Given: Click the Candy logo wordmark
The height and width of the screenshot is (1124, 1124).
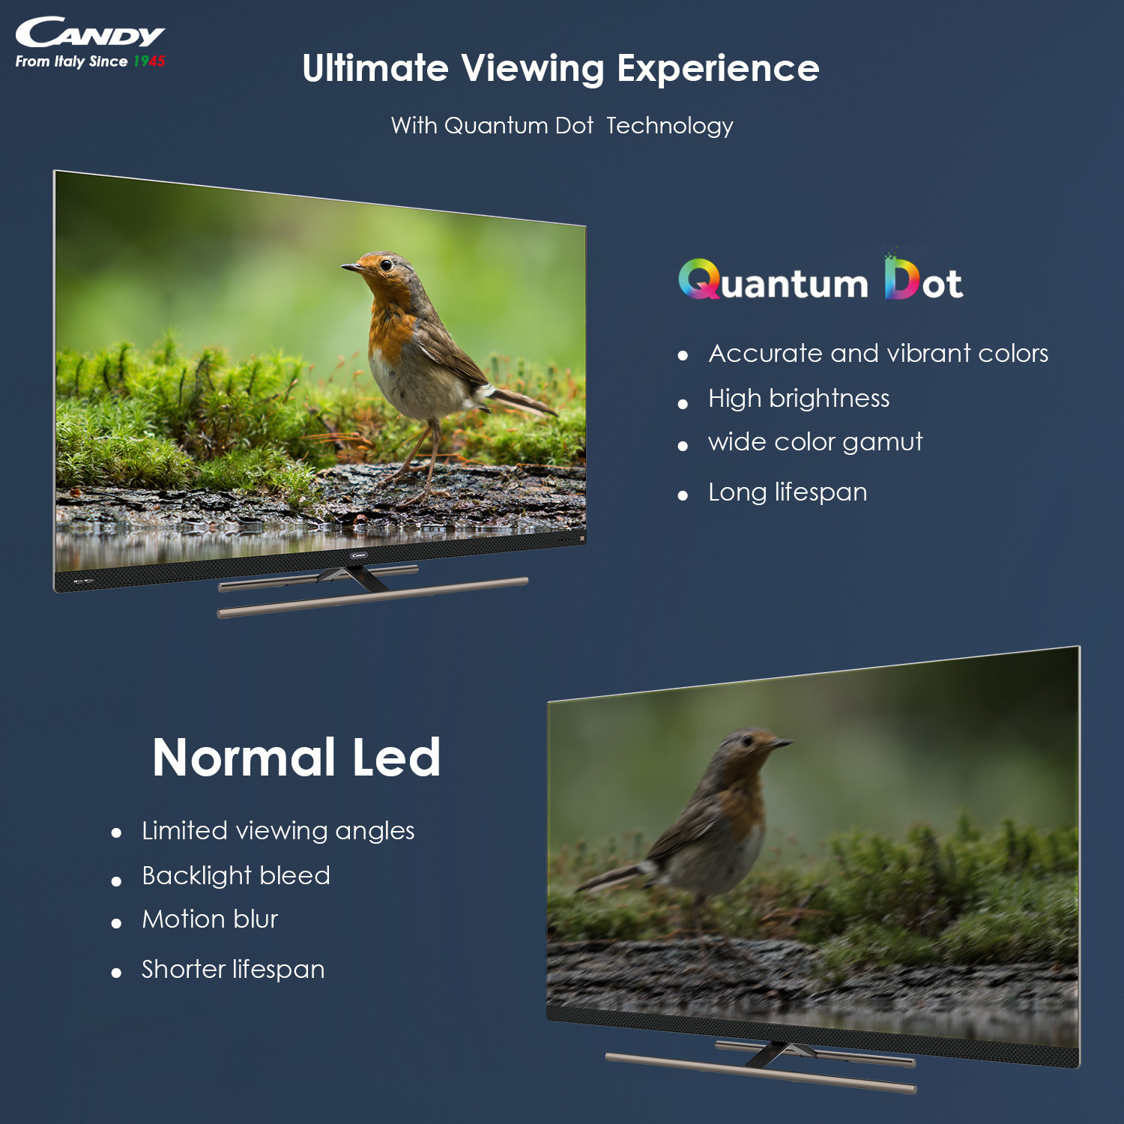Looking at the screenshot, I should (x=90, y=34).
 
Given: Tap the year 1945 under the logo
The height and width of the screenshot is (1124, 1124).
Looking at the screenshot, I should (x=149, y=61).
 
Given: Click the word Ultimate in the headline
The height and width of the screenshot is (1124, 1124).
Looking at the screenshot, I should (x=375, y=68).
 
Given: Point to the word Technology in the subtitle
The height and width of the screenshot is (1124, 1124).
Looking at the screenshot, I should (x=669, y=126).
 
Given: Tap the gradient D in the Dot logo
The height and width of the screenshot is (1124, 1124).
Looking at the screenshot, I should (x=901, y=279).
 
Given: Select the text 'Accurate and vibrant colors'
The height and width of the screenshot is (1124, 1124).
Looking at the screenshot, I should (x=878, y=354).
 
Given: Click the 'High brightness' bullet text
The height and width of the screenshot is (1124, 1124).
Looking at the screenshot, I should (x=799, y=399).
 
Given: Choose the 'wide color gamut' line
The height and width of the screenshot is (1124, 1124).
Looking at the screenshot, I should (x=815, y=442).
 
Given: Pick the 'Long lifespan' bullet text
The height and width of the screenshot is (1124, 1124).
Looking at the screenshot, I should (x=788, y=492).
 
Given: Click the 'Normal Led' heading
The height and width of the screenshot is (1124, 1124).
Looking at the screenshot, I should (x=296, y=758).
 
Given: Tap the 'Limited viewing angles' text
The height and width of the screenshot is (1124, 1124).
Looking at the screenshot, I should (x=278, y=831).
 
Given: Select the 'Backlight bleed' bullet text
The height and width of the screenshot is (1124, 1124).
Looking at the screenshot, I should (x=236, y=876).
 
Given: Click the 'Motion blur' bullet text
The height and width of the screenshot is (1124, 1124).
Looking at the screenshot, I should (x=210, y=919).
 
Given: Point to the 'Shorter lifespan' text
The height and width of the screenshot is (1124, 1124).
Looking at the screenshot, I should (x=233, y=970).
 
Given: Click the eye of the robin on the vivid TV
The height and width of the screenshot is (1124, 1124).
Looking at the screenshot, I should (x=386, y=265).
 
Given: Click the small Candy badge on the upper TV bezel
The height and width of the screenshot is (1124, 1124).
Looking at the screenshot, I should (x=358, y=555).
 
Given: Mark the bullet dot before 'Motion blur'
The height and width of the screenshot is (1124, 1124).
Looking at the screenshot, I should (x=116, y=924).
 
